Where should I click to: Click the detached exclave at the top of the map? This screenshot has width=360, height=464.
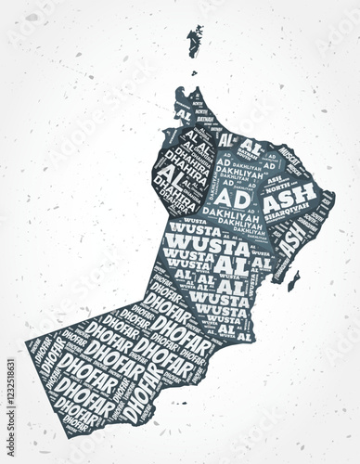click(x=195, y=40)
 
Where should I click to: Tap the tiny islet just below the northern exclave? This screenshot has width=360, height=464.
click(x=194, y=72)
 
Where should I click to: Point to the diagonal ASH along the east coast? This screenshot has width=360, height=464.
click(x=290, y=240)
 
